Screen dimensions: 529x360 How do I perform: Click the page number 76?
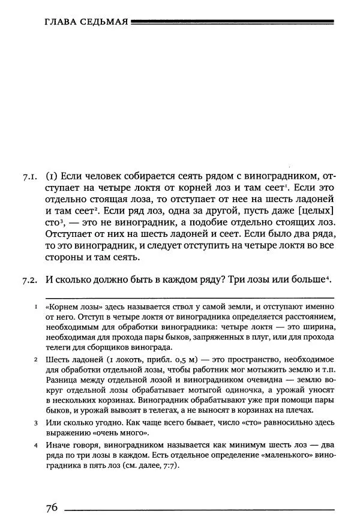tap(52, 507)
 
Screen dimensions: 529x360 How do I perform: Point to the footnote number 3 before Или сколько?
tap(37, 423)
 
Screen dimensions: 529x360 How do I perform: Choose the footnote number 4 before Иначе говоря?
tap(37, 447)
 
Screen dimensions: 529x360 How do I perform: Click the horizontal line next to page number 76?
tap(199, 510)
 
